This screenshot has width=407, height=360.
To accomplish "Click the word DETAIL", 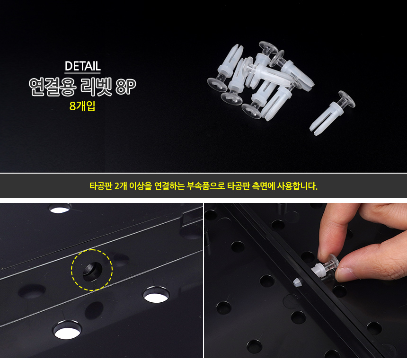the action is (82, 66).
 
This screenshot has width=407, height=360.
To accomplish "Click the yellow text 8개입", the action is (82, 106).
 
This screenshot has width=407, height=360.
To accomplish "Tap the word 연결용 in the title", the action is (53, 87).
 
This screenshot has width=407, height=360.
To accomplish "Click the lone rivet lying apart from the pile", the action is (332, 113).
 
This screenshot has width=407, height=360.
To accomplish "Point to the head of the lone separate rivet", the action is (347, 99).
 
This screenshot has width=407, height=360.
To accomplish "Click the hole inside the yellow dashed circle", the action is (92, 272).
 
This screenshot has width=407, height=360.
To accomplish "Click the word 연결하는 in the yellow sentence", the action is (169, 186).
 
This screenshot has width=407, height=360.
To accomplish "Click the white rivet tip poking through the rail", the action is (298, 281).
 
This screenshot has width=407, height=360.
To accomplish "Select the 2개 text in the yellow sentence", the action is (120, 186).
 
